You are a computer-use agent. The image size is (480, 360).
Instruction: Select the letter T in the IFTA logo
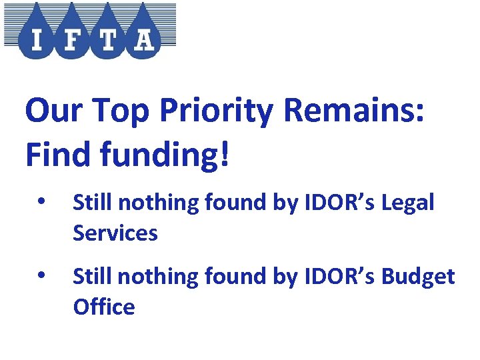click(107, 40)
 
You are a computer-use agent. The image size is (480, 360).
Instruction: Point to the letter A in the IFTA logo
click(143, 40)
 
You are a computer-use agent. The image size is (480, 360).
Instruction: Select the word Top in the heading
click(127, 111)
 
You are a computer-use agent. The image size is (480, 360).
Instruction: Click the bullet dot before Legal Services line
click(41, 202)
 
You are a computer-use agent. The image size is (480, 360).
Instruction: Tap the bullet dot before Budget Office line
click(41, 275)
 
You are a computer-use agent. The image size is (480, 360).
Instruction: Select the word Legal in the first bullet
click(408, 203)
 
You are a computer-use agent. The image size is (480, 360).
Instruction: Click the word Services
click(115, 233)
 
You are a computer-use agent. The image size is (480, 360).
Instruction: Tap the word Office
click(103, 307)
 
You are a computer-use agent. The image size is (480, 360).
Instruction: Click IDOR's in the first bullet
click(336, 202)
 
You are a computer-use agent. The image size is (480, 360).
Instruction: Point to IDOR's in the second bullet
click(336, 275)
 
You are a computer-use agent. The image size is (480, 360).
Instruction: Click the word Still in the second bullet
click(90, 275)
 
